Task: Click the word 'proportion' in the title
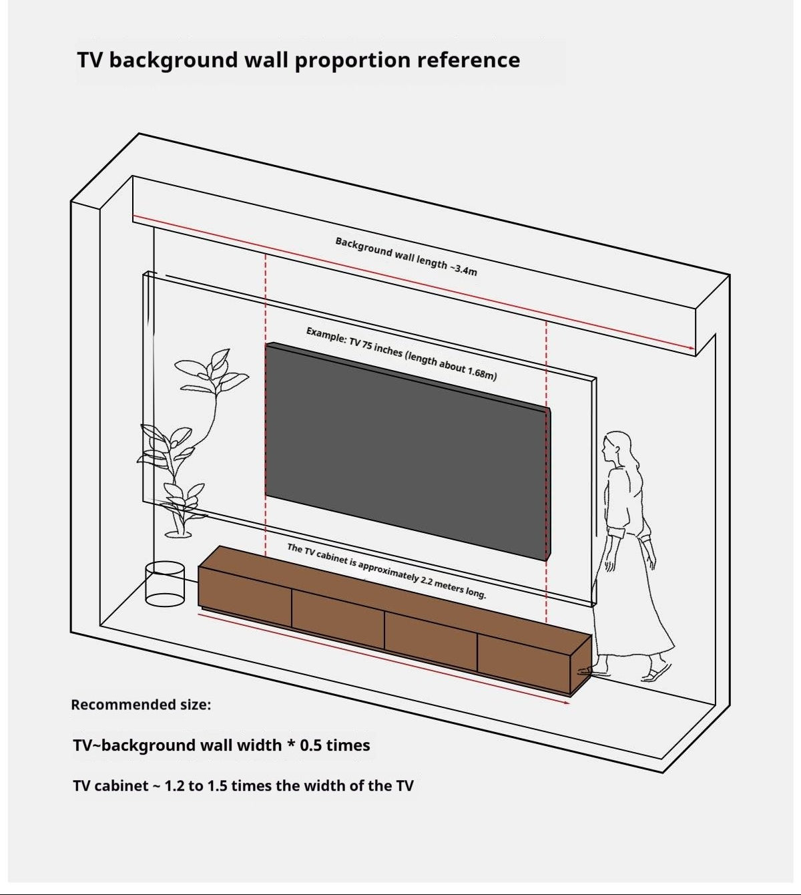pyautogui.click(x=352, y=61)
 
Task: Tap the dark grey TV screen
pyautogui.click(x=407, y=452)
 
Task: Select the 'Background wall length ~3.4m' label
pyautogui.click(x=407, y=256)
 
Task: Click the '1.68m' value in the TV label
pyautogui.click(x=482, y=373)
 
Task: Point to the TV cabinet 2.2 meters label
pyautogui.click(x=386, y=571)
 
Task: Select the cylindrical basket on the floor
pyautogui.click(x=165, y=584)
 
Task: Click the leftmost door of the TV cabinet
pyautogui.click(x=244, y=596)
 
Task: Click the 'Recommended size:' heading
pyautogui.click(x=141, y=705)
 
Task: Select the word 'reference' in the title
pyautogui.click(x=469, y=60)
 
